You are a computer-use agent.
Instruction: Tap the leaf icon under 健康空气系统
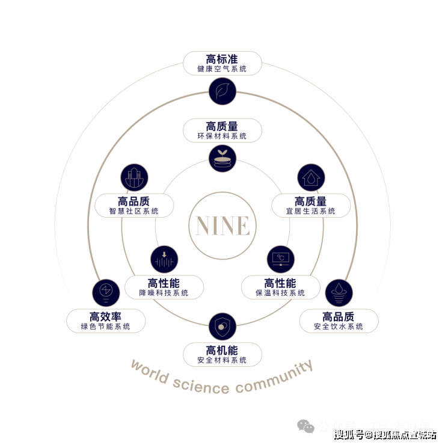point(222,91)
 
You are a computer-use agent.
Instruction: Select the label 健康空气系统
point(222,69)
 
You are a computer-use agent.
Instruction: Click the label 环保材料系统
point(222,137)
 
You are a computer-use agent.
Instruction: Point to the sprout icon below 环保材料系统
point(222,158)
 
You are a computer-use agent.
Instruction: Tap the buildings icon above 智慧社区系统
point(134,178)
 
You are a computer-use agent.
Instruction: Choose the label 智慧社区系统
point(134,211)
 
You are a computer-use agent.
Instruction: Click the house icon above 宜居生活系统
point(311,178)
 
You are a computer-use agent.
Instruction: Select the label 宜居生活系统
point(311,211)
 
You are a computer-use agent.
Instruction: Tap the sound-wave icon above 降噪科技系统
point(164,259)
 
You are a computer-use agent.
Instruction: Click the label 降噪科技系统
point(164,293)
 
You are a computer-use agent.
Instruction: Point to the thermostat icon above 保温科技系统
point(280,259)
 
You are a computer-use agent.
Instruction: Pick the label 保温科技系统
point(280,293)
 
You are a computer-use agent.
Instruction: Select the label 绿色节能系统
point(106,327)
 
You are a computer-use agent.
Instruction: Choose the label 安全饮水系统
point(339,327)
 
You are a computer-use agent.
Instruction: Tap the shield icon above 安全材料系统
point(222,326)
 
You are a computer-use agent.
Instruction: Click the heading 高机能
point(222,350)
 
